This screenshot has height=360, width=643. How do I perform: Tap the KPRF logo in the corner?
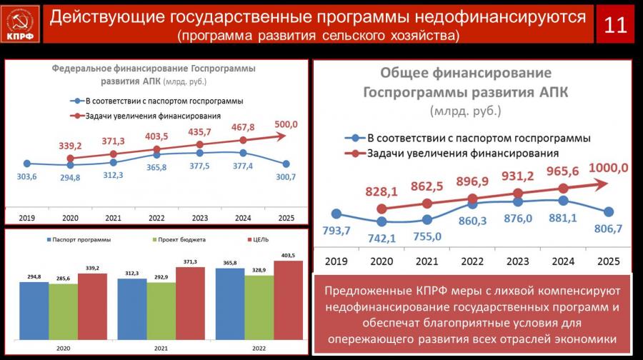tap(20, 23)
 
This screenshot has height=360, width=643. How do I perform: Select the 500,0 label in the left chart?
tap(285, 124)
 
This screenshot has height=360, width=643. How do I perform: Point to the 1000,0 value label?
tap(607, 168)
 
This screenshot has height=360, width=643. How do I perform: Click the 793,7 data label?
tap(337, 230)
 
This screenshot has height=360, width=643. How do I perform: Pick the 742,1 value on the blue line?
tap(381, 237)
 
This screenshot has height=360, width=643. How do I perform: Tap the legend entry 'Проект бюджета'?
tap(179, 239)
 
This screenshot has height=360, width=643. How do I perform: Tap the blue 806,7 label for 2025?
tap(608, 231)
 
